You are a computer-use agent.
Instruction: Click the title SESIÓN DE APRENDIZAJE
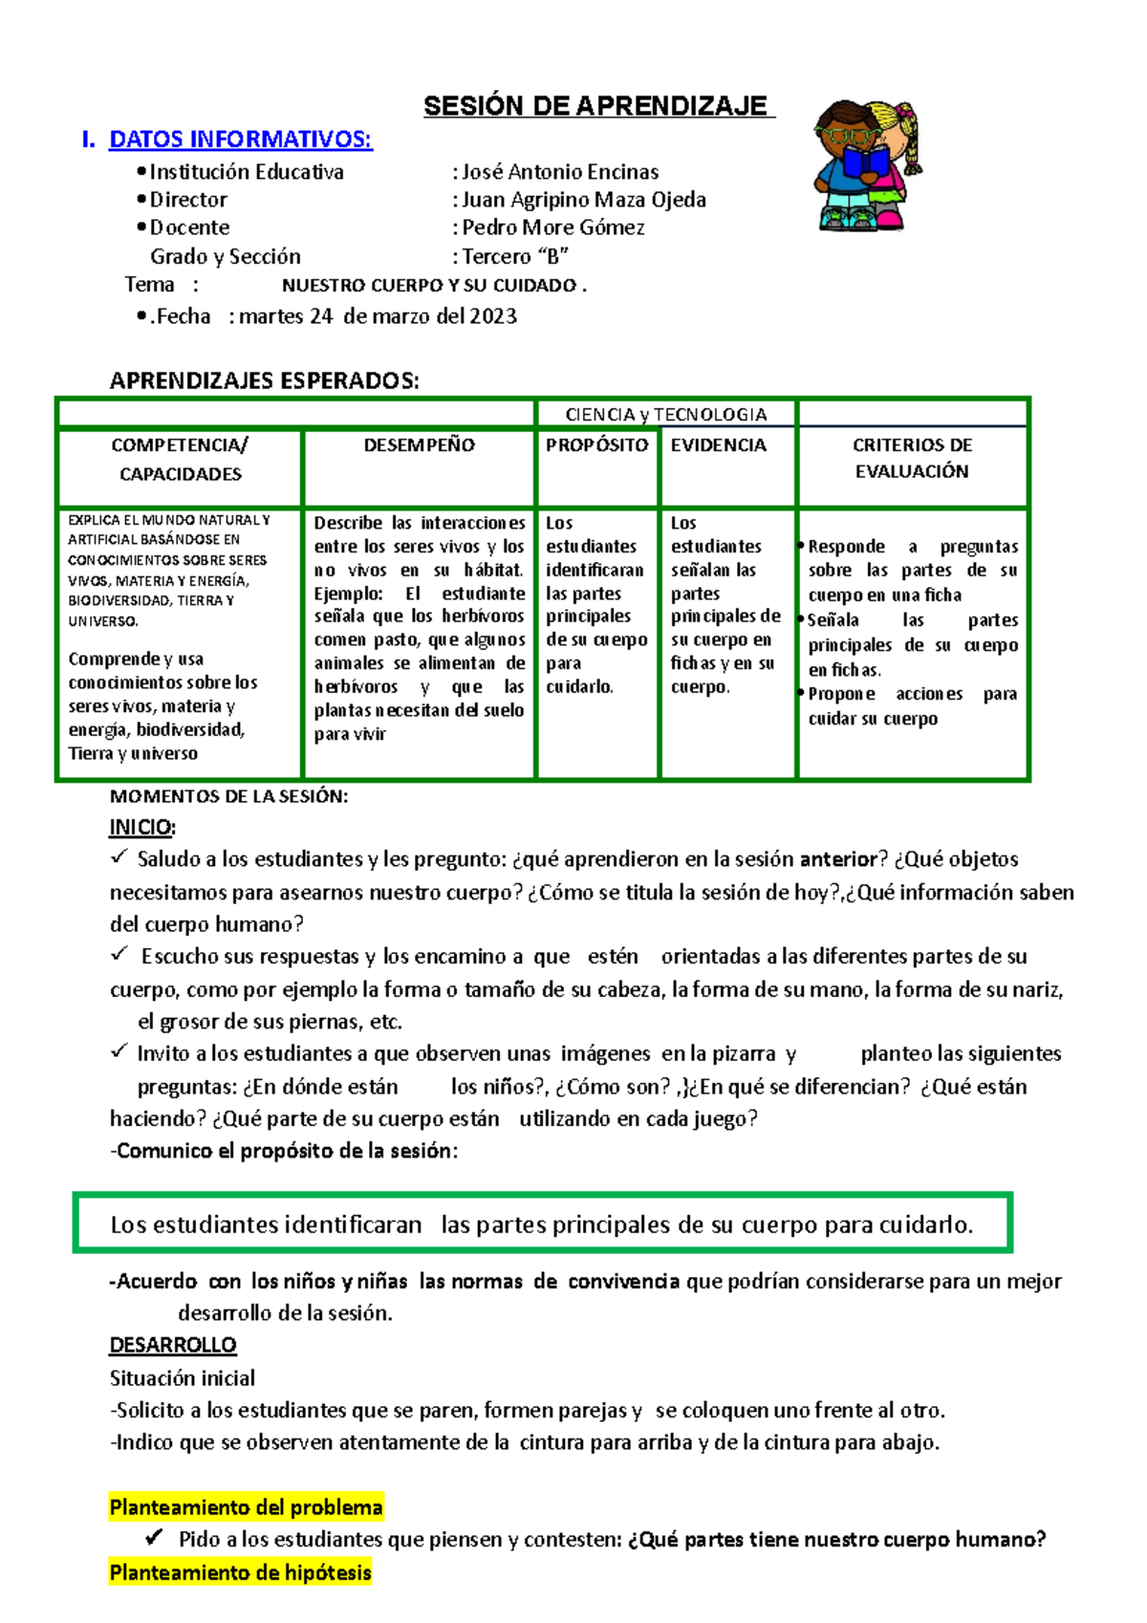pos(596,106)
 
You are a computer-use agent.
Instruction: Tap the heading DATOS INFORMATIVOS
pos(240,140)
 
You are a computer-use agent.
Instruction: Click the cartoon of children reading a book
pos(867,165)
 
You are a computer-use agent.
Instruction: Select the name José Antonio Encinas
pos(561,172)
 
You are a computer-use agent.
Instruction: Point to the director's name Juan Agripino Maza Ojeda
pos(584,200)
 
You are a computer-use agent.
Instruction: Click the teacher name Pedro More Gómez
pos(553,227)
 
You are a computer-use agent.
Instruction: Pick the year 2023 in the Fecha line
pos(493,316)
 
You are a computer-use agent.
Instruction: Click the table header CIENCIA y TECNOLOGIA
pos(665,414)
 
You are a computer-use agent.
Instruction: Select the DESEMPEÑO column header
pos(419,444)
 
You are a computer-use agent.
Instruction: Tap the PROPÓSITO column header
pos(597,444)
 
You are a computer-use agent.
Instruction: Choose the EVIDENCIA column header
pos(719,444)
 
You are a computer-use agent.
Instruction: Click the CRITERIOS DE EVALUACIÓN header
pos(912,458)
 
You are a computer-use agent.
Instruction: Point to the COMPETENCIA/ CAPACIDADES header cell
pos(180,459)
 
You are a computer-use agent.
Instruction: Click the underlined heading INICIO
pos(142,827)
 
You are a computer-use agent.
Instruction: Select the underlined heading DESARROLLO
pos(173,1345)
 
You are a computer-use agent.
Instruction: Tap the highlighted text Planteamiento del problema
pos(246,1507)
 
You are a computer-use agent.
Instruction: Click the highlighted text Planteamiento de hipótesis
pos(240,1572)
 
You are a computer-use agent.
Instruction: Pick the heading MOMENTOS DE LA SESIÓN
pos(228,796)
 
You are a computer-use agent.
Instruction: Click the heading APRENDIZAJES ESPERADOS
pos(264,381)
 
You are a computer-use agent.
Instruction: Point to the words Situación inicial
pos(183,1378)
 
